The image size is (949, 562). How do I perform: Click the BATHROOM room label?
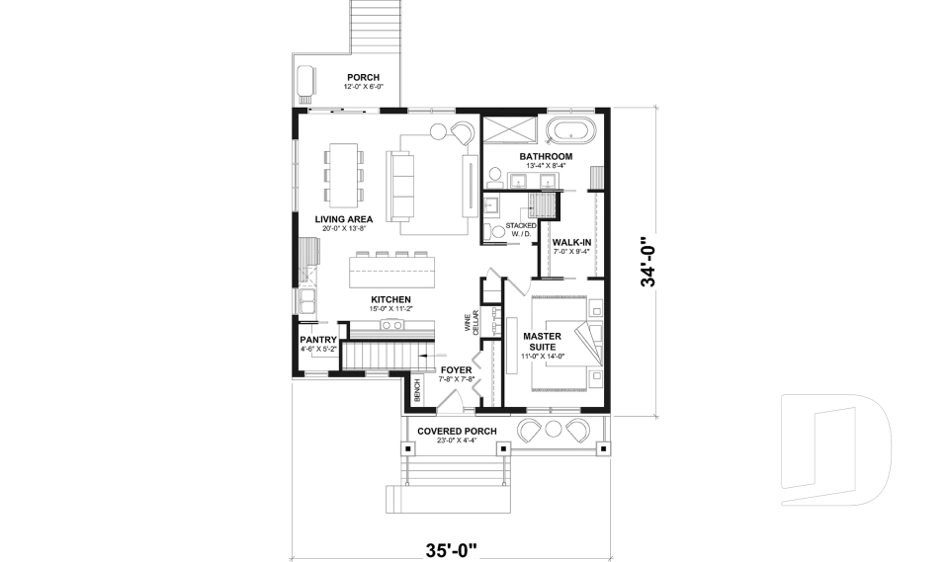coord(546,156)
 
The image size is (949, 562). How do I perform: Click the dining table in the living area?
coord(343,174)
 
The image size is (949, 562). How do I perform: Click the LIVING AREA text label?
coord(343,219)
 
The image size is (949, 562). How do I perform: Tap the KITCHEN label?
coord(390,299)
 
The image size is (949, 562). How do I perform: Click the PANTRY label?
coord(318,340)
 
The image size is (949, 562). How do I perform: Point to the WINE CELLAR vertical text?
coord(474,323)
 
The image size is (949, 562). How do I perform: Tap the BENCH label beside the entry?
coord(418,391)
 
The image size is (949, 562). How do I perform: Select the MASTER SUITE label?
coord(543,342)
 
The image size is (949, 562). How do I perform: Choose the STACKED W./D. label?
coord(520,229)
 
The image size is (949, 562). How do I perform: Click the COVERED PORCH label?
coord(456,432)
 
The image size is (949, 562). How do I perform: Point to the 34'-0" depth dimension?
coord(647,261)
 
